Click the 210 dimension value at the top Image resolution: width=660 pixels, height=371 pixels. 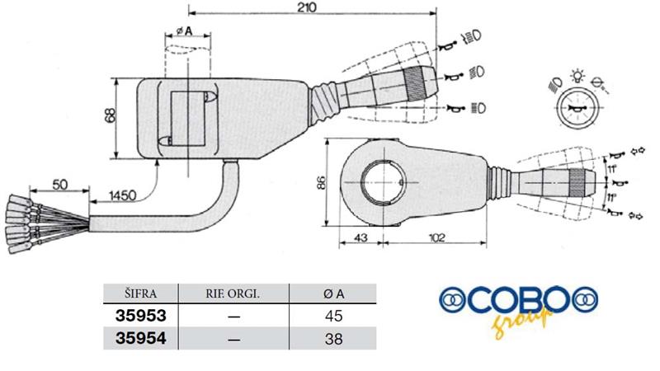point(306,7)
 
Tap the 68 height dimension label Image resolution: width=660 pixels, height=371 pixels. point(110,115)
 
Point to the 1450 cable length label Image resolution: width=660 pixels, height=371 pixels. point(122,195)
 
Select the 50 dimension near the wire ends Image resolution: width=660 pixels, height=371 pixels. point(59,184)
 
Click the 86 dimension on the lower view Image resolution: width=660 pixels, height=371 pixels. point(321,182)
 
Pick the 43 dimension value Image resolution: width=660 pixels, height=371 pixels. point(361,237)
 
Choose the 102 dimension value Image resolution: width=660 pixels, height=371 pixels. point(436,237)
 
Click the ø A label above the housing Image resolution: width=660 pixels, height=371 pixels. point(184,31)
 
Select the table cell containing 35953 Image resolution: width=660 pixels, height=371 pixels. point(140,316)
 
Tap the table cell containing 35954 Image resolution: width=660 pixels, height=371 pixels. point(140,338)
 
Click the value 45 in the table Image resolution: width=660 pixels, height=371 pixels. point(333,316)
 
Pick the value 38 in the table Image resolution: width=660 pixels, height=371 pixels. point(333,339)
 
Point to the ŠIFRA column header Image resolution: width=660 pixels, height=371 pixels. point(140,294)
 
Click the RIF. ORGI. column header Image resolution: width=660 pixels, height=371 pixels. point(233,294)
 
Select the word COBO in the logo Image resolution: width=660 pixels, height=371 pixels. point(519,300)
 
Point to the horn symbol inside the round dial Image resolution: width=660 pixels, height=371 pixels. point(577,109)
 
